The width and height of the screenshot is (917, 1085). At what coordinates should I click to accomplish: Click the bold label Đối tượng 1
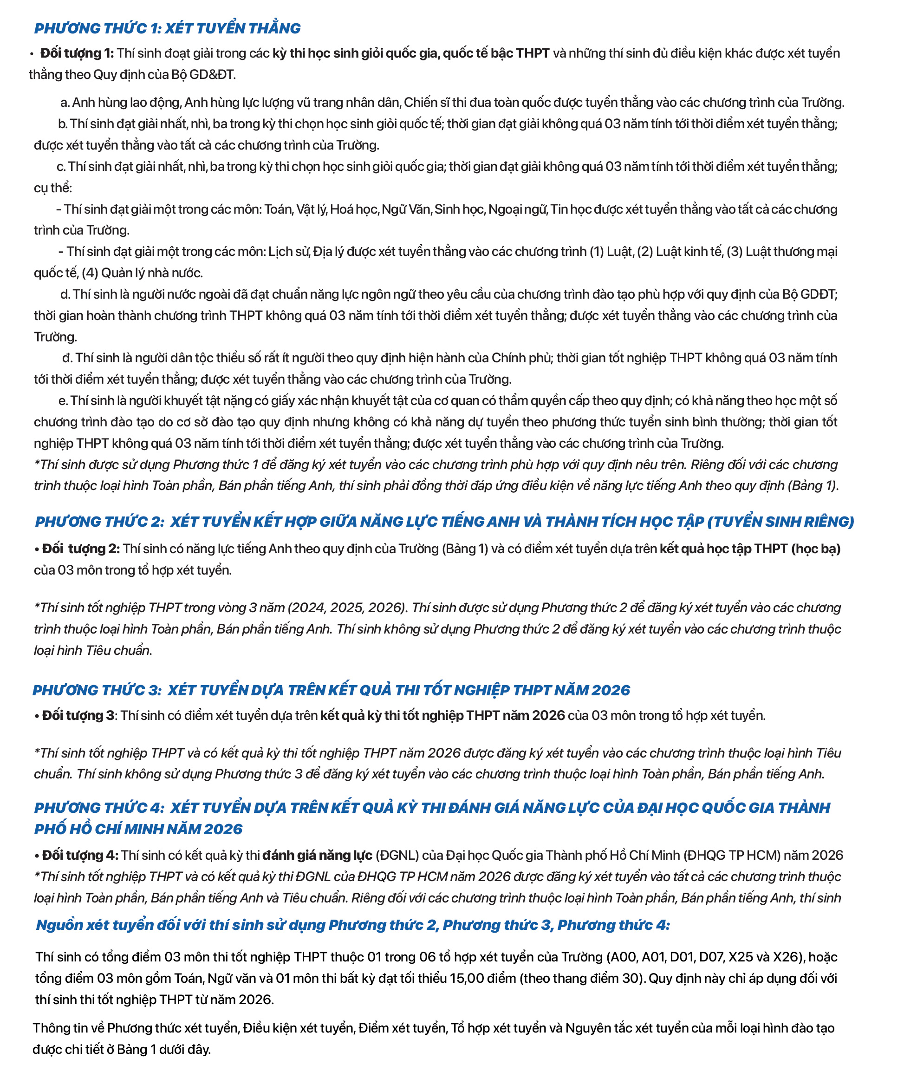tap(77, 53)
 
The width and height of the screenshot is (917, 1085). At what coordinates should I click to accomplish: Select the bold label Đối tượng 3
tap(78, 716)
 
